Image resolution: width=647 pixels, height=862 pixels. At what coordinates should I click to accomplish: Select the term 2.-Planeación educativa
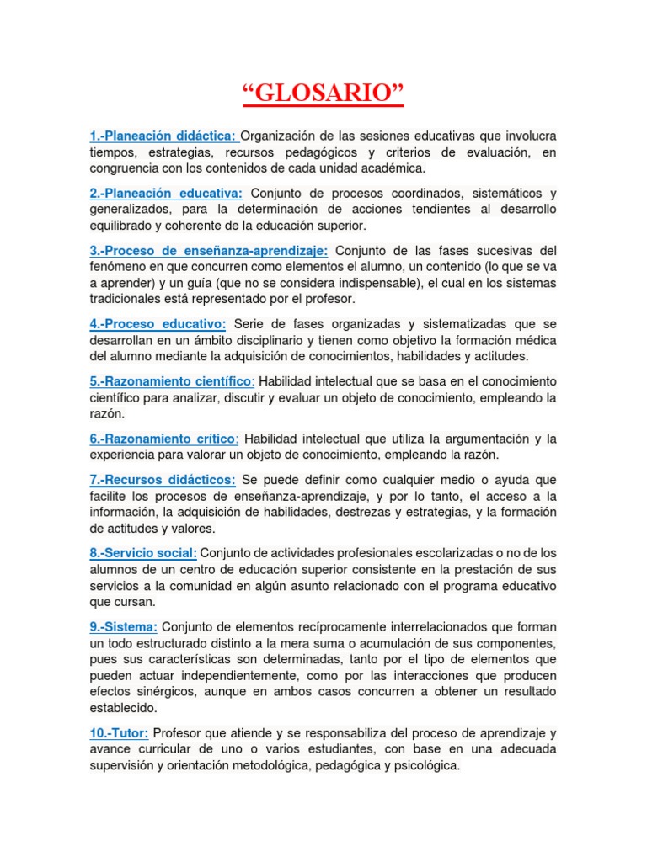(166, 193)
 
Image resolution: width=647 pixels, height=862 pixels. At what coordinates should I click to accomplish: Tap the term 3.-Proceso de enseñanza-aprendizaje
(209, 250)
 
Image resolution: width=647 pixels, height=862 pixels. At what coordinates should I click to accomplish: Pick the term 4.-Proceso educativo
(158, 324)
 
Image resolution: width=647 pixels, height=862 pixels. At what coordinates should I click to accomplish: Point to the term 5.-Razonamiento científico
(171, 381)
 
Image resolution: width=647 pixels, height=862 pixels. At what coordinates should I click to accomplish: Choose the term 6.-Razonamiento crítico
(163, 439)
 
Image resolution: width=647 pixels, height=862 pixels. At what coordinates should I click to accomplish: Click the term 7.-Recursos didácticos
(163, 479)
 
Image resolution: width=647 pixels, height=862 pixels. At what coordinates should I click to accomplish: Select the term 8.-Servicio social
(143, 553)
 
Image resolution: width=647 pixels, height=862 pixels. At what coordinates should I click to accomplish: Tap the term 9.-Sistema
(123, 627)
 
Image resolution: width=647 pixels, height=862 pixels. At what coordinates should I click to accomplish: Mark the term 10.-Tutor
(119, 733)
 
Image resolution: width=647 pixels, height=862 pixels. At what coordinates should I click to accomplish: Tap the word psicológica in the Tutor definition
(426, 765)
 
